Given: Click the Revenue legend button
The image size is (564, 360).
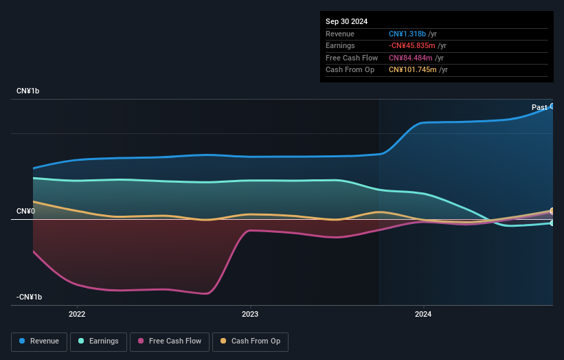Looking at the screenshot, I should click(x=39, y=341).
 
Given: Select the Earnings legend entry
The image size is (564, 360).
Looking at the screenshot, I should click(x=98, y=341).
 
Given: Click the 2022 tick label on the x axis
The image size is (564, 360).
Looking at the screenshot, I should click(x=77, y=315).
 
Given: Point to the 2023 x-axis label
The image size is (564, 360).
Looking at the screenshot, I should click(x=250, y=315).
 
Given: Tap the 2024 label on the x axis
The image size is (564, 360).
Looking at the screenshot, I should click(x=423, y=315).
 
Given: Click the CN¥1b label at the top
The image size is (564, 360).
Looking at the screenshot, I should click(x=28, y=91).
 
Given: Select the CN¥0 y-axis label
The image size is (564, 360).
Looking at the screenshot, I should click(x=25, y=211).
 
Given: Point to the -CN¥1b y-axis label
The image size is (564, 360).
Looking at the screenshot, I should click(x=30, y=297).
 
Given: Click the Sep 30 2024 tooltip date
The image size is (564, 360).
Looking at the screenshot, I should click(x=346, y=21).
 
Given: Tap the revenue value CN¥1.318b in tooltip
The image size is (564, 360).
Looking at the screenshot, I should click(x=410, y=34).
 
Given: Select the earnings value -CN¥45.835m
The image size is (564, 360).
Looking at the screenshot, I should click(x=414, y=46).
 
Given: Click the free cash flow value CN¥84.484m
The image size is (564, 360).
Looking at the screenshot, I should click(x=411, y=58).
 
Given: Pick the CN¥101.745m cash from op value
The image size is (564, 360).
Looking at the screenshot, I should click(x=414, y=69).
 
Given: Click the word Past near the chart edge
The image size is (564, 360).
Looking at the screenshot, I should click(x=539, y=107).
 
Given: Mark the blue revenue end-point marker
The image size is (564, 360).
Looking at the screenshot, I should click(x=552, y=106).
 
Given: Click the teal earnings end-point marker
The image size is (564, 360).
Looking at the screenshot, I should click(x=552, y=223).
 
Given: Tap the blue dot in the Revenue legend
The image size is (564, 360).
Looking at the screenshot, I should click(x=23, y=341).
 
